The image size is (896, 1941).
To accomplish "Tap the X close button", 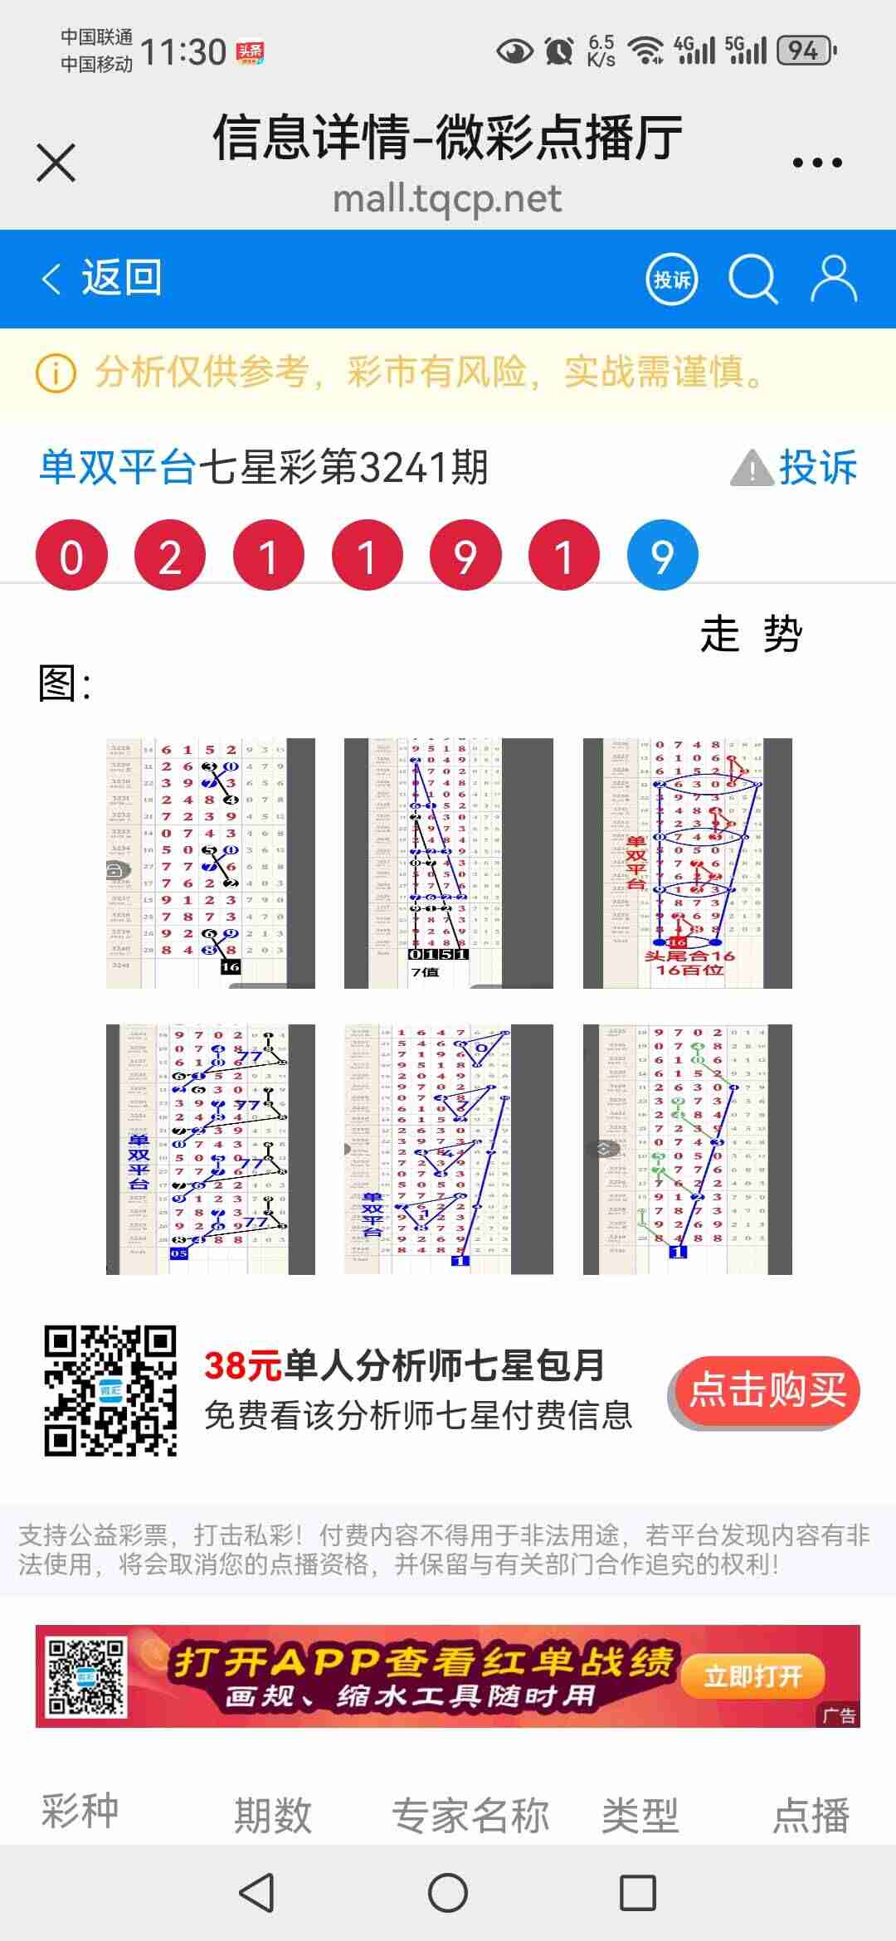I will tap(56, 163).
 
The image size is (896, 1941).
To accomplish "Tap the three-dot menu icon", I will tap(817, 163).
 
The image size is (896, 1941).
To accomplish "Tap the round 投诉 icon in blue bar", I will tap(671, 280).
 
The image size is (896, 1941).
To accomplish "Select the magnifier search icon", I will tap(752, 280).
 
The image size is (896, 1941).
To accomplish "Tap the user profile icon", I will tap(833, 279).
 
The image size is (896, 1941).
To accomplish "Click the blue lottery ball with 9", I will tap(662, 556).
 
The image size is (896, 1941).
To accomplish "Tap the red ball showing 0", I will tap(71, 556).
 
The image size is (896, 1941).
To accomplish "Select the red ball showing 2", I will tap(170, 556).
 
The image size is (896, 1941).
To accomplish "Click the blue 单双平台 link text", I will tap(118, 467).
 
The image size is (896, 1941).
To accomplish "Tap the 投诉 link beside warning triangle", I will tap(816, 467).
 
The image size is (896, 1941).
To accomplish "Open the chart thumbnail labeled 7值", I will tap(448, 863).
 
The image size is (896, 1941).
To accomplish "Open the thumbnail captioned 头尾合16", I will tap(687, 863).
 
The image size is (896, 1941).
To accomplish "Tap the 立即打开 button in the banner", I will tap(752, 1676).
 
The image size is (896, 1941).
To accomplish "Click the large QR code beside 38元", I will tap(110, 1391).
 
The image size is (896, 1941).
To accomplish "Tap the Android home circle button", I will tap(448, 1894).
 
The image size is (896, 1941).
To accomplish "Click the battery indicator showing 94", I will tap(806, 51).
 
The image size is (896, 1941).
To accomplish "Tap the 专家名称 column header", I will tap(470, 1816).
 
